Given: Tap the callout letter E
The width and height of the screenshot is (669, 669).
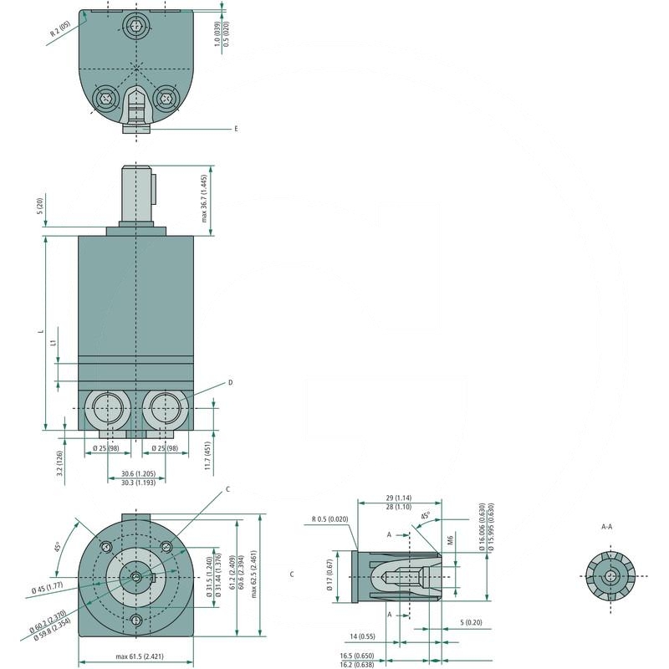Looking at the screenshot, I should (x=236, y=130).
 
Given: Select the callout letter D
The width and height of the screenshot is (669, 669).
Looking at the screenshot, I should (x=229, y=382).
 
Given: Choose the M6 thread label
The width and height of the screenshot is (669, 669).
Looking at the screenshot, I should (x=450, y=542).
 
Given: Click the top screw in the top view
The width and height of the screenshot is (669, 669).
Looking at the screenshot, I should (x=137, y=25).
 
